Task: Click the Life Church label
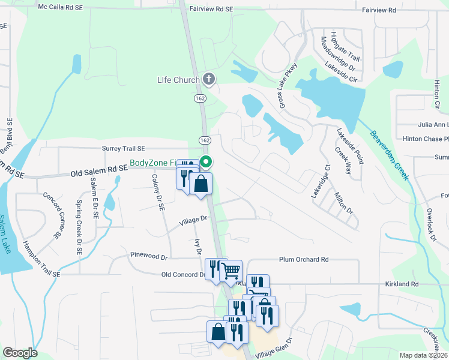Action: click(178, 80)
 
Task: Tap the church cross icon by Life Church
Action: click(209, 79)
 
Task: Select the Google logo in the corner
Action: click(20, 353)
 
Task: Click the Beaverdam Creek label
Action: click(389, 155)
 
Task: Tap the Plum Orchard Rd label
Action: click(304, 260)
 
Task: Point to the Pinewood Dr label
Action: click(148, 256)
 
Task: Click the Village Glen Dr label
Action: click(274, 349)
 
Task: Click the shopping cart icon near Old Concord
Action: click(231, 271)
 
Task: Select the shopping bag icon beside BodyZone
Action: click(201, 184)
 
